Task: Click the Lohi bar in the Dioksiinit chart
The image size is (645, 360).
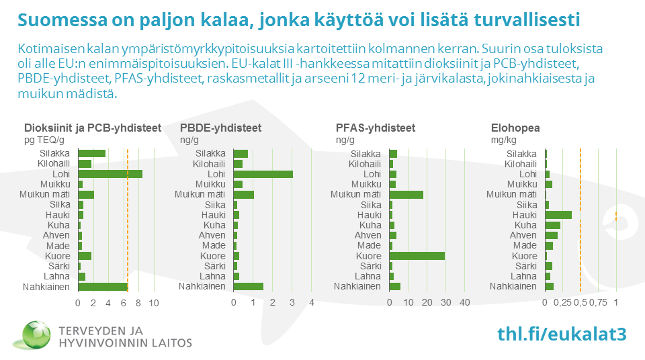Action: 110,174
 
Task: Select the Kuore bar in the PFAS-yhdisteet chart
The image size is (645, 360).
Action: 417,256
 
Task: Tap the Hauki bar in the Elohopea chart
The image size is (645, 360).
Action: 558,215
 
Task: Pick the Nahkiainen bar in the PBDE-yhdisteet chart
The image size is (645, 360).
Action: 248,286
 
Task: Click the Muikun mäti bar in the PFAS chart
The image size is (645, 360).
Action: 406,195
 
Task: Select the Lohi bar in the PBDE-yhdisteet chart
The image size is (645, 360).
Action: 263,174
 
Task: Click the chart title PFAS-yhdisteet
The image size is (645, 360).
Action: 375,128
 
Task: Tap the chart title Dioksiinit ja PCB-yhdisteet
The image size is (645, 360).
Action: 93,128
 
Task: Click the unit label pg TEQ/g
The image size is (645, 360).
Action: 44,140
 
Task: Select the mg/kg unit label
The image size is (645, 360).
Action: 503,140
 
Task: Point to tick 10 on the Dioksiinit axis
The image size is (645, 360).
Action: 153,304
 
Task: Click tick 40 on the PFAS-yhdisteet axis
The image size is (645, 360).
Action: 464,304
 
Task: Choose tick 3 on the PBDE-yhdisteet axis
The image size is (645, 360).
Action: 292,304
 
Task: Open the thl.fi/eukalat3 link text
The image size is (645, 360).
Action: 562,334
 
